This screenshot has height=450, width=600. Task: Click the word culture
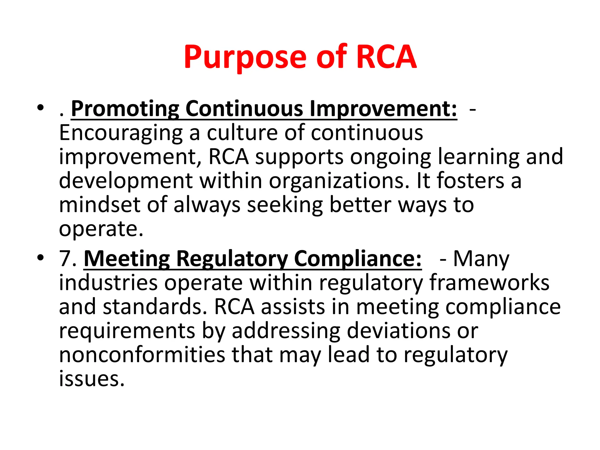[x=243, y=133]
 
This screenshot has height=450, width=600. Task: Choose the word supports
[x=299, y=157]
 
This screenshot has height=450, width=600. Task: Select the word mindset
[x=100, y=205]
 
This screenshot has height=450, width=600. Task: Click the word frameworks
[x=489, y=283]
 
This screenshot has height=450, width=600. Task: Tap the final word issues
[x=92, y=379]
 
